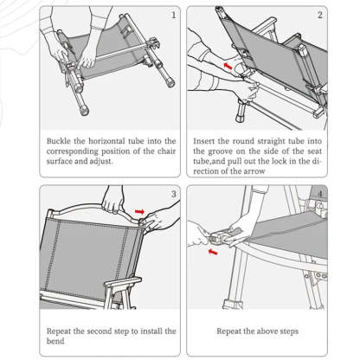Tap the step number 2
[x=319, y=15]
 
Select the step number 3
[x=174, y=194]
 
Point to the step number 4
[x=319, y=194]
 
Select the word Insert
[x=209, y=139]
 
